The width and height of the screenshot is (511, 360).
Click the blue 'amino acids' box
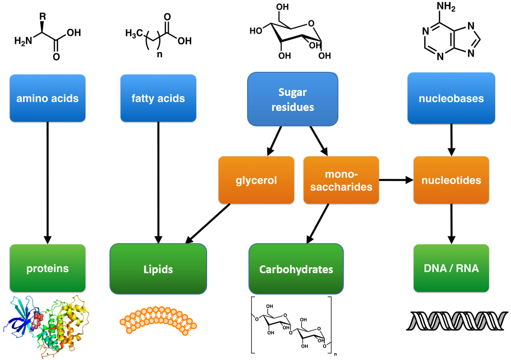[47, 98]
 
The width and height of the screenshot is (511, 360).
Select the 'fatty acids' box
[158, 98]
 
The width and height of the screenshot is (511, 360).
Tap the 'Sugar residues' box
[293, 99]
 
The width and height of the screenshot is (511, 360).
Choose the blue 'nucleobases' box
[451, 98]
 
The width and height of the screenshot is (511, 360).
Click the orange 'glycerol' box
[256, 180]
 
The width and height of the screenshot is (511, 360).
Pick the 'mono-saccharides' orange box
[341, 180]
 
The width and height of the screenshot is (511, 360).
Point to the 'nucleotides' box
[451, 180]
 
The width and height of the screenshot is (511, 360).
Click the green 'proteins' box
[47, 268]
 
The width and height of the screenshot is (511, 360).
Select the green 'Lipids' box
[158, 269]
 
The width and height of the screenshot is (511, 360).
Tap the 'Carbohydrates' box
[296, 269]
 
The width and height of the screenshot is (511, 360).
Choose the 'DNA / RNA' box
[451, 268]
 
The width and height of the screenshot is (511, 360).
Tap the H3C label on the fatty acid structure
[134, 33]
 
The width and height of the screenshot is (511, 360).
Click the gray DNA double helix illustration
[456, 320]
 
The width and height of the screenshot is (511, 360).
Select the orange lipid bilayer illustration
[159, 320]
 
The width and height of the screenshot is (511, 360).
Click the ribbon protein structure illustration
[48, 325]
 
